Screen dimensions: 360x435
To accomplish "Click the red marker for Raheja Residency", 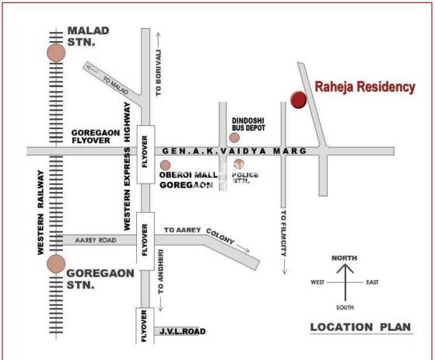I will coord(298,99).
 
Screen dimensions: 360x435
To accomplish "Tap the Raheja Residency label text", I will coord(364,87).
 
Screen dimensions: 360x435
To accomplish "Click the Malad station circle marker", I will coord(55,52).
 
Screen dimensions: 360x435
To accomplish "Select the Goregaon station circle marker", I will coord(55,263).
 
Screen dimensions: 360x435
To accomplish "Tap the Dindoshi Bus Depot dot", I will coord(233,138).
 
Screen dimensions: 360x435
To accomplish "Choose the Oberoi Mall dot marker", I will coord(165,165).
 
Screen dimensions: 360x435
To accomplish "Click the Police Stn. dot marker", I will coord(239,164).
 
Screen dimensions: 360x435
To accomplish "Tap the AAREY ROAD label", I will coord(97,241).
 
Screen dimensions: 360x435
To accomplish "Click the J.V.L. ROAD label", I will coord(181,332).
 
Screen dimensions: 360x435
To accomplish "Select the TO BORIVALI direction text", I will coord(159,72).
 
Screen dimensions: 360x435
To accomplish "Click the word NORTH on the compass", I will coord(344,257).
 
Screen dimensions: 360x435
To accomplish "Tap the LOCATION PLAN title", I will coord(360,327).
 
